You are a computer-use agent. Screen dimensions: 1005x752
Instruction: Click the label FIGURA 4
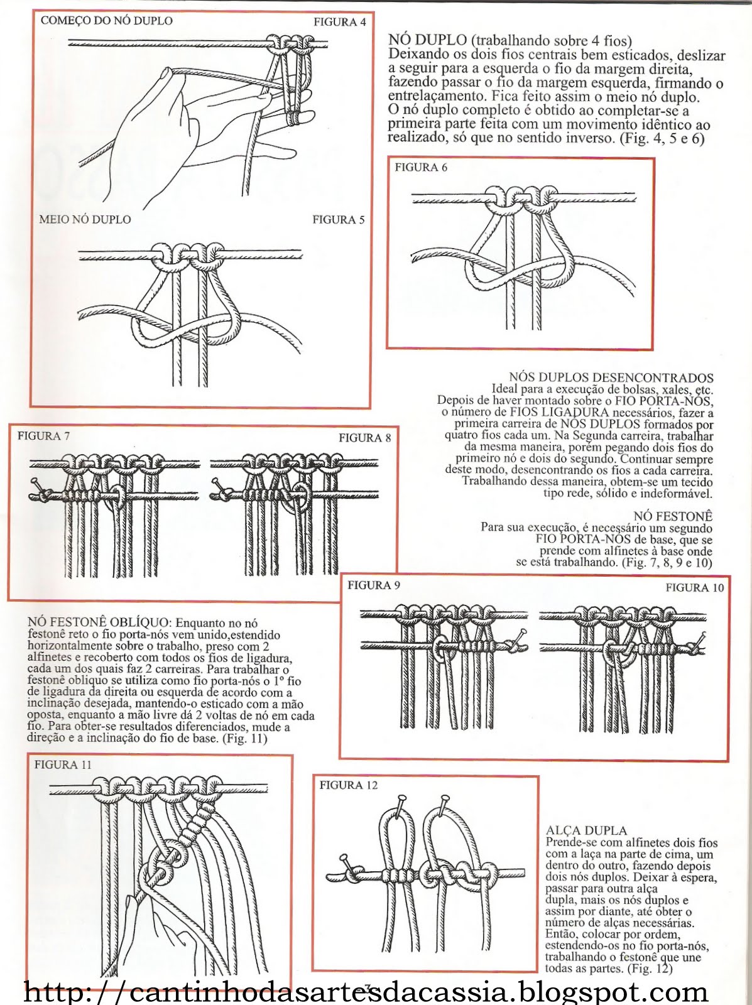[339, 23]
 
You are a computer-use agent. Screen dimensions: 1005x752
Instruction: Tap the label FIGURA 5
[338, 220]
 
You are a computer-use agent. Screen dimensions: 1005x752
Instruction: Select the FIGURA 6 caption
[421, 168]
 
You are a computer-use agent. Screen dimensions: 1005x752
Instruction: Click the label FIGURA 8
[364, 438]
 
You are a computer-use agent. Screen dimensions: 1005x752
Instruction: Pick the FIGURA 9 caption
[373, 585]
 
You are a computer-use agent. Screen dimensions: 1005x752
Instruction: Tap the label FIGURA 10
[694, 588]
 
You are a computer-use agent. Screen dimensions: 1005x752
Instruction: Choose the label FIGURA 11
[63, 764]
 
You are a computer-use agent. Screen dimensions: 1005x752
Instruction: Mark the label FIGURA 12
[349, 785]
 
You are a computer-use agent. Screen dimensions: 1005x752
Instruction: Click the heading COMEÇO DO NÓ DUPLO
[106, 21]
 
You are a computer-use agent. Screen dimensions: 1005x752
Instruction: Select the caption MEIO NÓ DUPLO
[85, 220]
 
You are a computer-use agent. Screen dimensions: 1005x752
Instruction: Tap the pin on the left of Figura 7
[38, 484]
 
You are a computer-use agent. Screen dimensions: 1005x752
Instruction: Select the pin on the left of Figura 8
[217, 484]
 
